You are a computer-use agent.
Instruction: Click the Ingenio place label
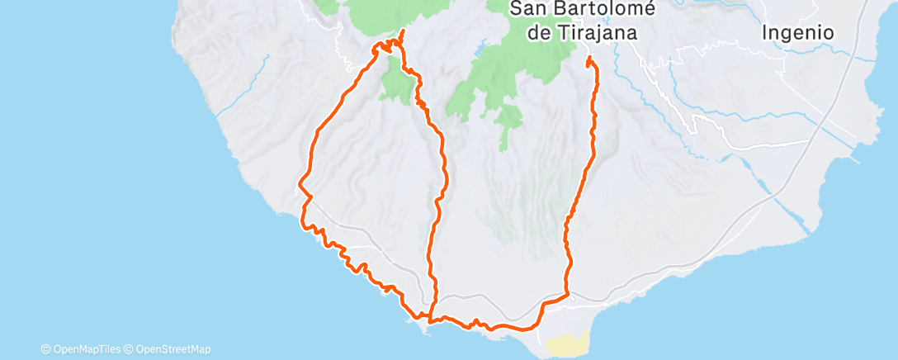click(x=798, y=33)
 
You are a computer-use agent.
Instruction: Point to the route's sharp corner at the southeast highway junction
click(x=569, y=294)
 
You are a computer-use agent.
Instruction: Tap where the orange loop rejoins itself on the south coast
click(x=430, y=315)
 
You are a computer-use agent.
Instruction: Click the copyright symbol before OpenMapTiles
click(x=45, y=348)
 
